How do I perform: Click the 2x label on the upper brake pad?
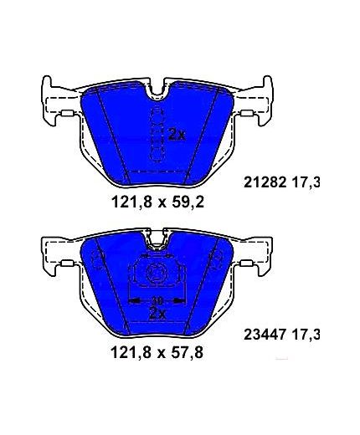coord(177,136)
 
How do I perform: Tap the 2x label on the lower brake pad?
coord(157,314)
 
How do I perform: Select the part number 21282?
coord(265,183)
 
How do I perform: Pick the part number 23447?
coord(265,335)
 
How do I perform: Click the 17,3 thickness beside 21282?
coord(306,183)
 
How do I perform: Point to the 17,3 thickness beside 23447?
coord(306,335)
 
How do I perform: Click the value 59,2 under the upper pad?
coord(188,202)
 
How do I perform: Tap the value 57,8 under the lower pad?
coord(188,353)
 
